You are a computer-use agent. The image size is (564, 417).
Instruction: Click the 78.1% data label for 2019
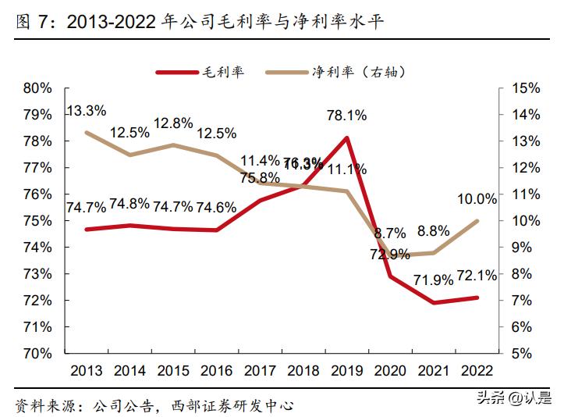pos(346,116)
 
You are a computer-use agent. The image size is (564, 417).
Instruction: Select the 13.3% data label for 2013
pos(86,111)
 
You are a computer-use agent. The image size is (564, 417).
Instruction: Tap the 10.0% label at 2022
pos(477,199)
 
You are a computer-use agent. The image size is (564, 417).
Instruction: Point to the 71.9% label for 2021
pos(433,280)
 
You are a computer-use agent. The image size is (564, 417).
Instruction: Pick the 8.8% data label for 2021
pos(433,231)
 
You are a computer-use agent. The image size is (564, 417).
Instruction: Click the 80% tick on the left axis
pos(37,88)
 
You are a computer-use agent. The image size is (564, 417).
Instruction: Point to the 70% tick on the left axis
pos(37,353)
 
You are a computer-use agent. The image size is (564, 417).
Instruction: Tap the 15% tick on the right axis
pos(524,88)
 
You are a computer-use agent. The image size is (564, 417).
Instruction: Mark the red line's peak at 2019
pos(346,137)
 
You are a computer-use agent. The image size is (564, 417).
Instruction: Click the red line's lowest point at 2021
pos(434,302)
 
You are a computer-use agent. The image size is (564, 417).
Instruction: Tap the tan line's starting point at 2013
pos(86,132)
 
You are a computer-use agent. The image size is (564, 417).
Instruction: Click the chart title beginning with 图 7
pos(199,23)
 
